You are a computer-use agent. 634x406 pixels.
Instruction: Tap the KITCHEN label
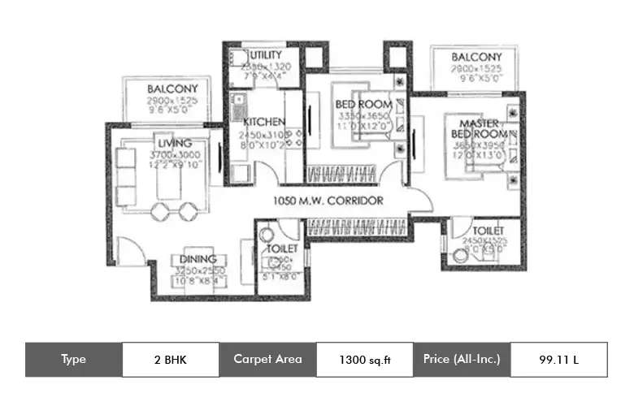click(x=263, y=122)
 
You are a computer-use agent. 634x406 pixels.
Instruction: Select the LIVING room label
click(x=175, y=144)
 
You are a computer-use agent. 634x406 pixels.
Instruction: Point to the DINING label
click(x=198, y=260)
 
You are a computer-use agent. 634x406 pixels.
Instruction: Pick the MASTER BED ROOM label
click(x=480, y=127)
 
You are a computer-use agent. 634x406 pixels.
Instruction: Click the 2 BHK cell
click(x=171, y=359)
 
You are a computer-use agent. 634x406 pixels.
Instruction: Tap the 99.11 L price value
click(x=558, y=359)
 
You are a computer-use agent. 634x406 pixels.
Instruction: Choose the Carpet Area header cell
click(x=267, y=359)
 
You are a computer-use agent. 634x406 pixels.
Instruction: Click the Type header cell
click(x=73, y=359)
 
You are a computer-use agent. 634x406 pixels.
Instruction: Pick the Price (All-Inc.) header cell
click(x=462, y=359)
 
